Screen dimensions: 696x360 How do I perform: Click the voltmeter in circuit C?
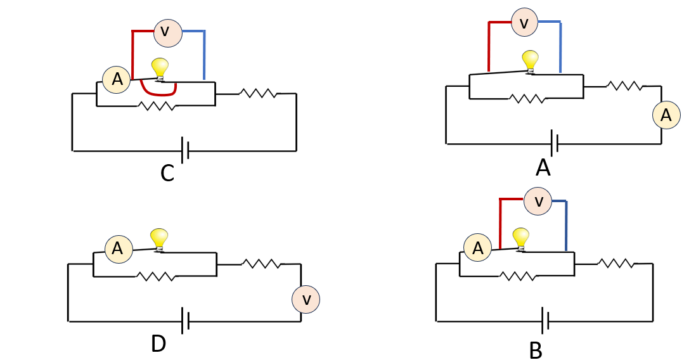point(168,33)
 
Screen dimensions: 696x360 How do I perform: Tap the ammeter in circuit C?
point(117,80)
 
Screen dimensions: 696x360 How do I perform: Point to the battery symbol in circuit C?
point(186,150)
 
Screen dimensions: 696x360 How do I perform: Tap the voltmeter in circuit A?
point(524,22)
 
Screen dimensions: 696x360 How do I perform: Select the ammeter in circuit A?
point(666,115)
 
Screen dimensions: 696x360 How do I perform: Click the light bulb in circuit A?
point(530,61)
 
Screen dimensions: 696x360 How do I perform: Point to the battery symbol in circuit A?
point(554,143)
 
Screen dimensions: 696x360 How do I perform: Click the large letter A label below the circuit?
point(543,168)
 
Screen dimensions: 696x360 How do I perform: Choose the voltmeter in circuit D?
point(306,300)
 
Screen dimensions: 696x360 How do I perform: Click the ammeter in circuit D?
point(119,249)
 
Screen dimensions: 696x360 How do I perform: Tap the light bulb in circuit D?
point(159,240)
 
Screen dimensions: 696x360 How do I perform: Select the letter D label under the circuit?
point(158,344)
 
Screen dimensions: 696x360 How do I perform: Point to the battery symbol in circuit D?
point(186,321)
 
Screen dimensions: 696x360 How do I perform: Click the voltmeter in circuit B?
point(538,202)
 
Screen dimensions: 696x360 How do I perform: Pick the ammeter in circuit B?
point(477,248)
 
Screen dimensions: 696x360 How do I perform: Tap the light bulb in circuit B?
point(520,240)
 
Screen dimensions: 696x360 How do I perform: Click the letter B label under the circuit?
point(536,350)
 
